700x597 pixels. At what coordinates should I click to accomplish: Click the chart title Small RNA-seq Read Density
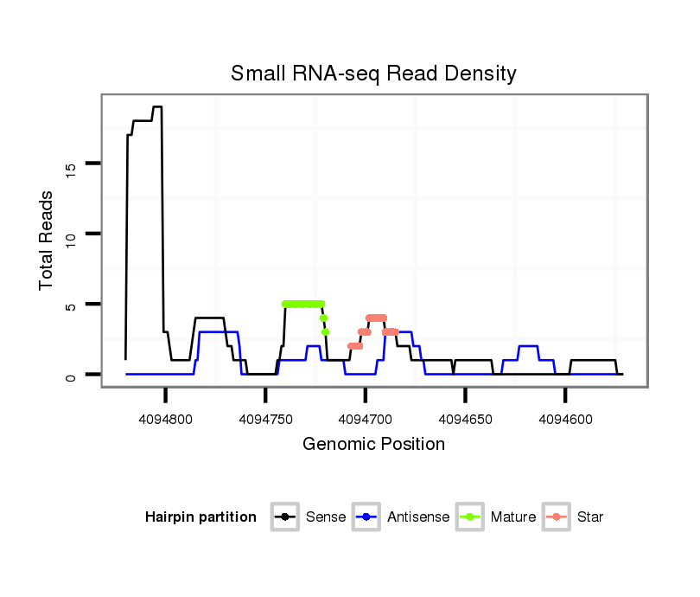pos(373,74)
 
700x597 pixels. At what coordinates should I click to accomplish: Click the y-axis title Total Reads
pos(47,240)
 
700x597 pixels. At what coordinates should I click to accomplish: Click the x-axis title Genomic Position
pos(373,445)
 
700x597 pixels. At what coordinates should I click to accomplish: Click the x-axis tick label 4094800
pos(165,419)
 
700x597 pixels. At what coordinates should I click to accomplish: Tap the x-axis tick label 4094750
pos(265,419)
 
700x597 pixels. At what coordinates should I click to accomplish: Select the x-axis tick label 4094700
pos(365,419)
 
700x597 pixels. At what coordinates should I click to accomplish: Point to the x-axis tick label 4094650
pos(465,419)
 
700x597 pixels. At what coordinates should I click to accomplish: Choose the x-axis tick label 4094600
pos(564,419)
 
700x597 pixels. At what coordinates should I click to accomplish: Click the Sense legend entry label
pos(326,517)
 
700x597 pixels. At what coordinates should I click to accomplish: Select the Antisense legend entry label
pos(418,517)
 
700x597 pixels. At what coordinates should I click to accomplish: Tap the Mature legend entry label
pos(513,517)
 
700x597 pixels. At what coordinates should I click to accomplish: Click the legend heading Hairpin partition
pos(200,517)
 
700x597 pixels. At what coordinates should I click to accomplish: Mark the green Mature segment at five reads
pos(302,304)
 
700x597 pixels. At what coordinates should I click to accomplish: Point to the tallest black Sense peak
pos(157,107)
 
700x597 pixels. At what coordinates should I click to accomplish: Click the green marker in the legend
pos(472,517)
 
